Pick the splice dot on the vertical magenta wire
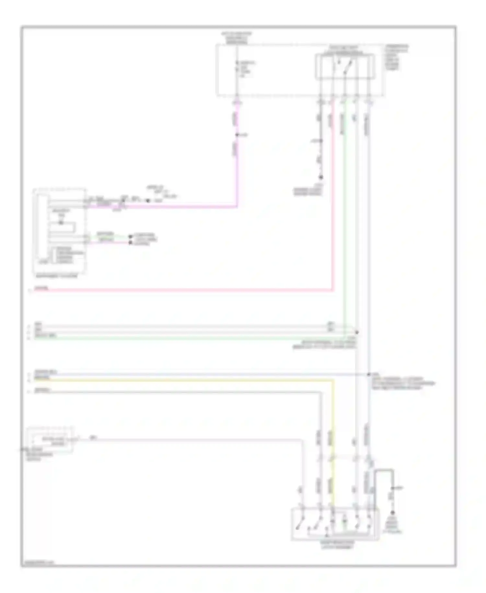click(x=237, y=135)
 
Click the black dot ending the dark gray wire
click(x=321, y=177)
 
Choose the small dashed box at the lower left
click(x=51, y=440)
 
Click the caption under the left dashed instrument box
click(x=57, y=276)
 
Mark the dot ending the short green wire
click(x=130, y=236)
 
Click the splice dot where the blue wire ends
click(x=368, y=375)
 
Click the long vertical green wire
click(x=345, y=211)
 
